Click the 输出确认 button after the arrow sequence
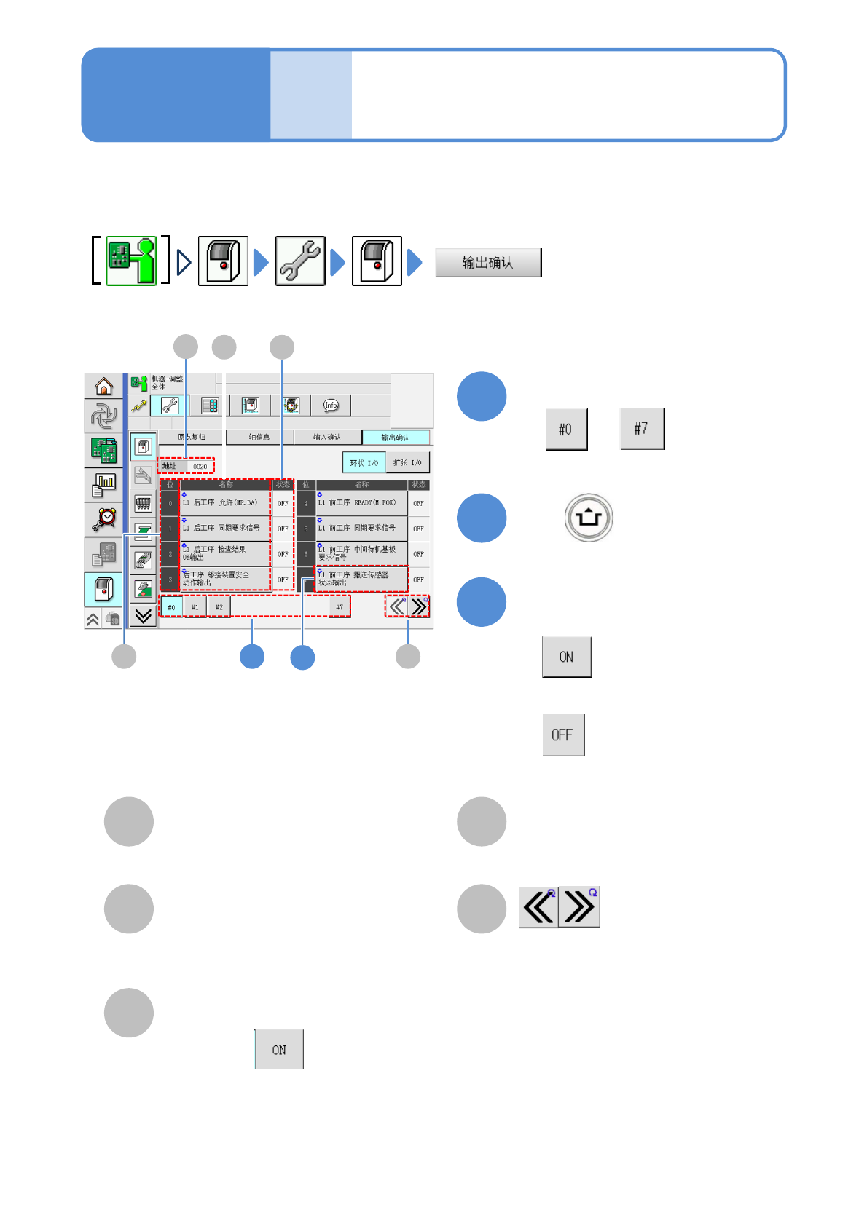click(x=488, y=263)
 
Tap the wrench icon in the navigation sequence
click(x=300, y=261)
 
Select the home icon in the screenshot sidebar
click(x=104, y=386)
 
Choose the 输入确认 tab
click(x=327, y=438)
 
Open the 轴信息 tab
click(x=259, y=438)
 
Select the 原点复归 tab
click(x=192, y=438)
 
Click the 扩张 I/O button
click(x=407, y=463)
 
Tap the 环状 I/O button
click(x=364, y=463)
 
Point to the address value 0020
click(x=200, y=467)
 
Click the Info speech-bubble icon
click(x=331, y=406)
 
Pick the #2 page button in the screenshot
click(x=219, y=607)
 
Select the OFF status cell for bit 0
click(x=283, y=503)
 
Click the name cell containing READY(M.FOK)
click(x=361, y=503)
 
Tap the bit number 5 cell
click(x=306, y=529)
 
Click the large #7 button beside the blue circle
click(x=641, y=429)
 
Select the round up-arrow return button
click(x=589, y=518)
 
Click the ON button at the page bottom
click(x=279, y=1049)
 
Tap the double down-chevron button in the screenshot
click(x=144, y=616)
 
